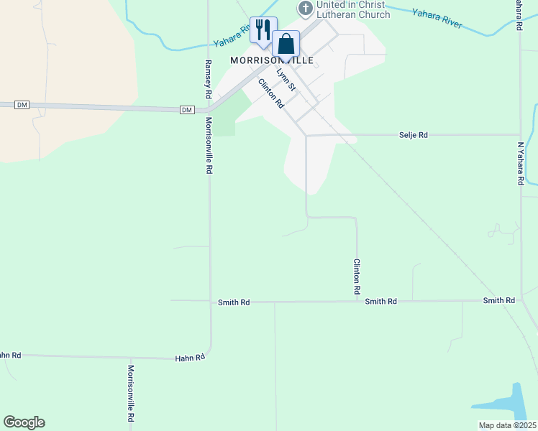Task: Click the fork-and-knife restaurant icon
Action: point(263,30)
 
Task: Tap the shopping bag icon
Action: point(286,44)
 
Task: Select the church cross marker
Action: point(305,8)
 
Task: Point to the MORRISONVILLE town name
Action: point(271,61)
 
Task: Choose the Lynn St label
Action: point(286,80)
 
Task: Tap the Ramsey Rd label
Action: point(207,79)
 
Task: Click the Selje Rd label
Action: point(414,135)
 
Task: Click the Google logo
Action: point(24,422)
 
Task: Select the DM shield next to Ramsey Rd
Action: point(187,109)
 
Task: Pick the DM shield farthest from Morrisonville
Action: point(22,105)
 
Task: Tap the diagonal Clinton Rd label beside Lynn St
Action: point(271,94)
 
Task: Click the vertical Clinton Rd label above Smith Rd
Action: point(356,277)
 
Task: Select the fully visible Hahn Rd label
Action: point(191,357)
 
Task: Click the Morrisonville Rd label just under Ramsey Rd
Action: point(209,146)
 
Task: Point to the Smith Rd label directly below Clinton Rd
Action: point(380,302)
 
